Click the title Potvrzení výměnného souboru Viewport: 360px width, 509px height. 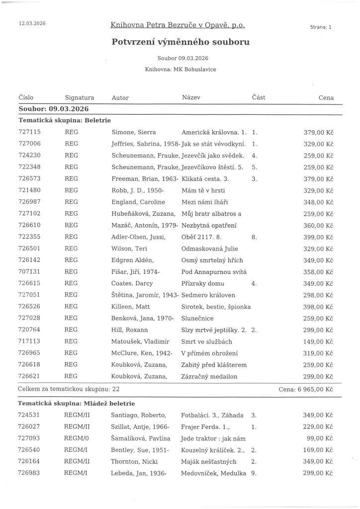(180, 42)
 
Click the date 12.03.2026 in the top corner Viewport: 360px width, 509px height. (32, 23)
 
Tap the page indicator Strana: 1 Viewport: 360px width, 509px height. (320, 27)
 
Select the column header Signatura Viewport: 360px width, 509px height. (79, 98)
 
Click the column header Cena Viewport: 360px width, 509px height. (326, 98)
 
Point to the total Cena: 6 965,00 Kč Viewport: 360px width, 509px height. (306, 389)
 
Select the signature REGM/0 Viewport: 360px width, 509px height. (77, 438)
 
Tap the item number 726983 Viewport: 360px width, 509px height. (29, 473)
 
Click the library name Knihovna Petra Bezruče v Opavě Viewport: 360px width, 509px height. (178, 25)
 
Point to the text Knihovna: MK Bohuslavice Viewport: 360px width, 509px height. (180, 70)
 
